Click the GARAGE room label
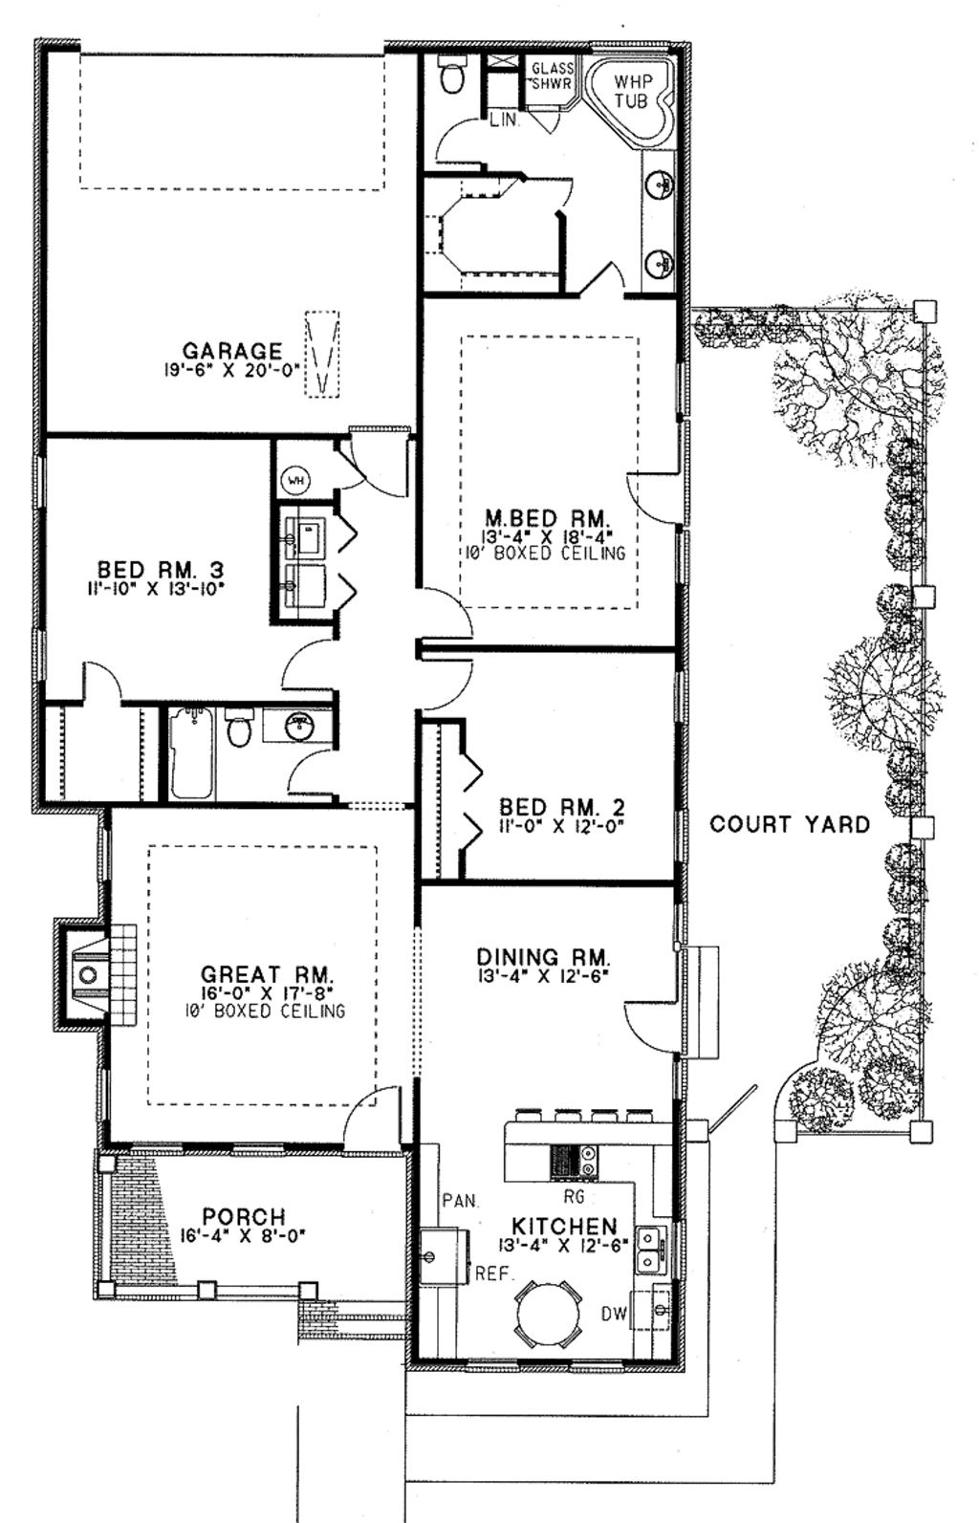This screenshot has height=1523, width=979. click(x=232, y=351)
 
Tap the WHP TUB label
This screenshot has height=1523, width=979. click(x=631, y=91)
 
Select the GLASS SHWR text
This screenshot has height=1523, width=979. click(x=552, y=76)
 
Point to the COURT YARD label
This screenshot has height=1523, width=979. click(x=790, y=824)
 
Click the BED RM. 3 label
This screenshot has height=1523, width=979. click(x=161, y=571)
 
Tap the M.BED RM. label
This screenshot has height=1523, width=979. click(x=546, y=519)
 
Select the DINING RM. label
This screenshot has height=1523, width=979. click(x=543, y=956)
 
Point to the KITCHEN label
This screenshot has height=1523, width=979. click(x=564, y=1226)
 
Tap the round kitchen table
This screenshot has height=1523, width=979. click(x=549, y=1314)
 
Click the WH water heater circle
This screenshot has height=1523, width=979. click(x=294, y=480)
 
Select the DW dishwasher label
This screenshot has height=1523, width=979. click(x=614, y=1314)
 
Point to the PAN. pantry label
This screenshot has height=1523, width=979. click(x=460, y=1200)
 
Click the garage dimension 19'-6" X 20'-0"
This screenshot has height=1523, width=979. click(x=230, y=369)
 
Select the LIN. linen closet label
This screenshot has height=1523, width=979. click(x=504, y=120)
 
